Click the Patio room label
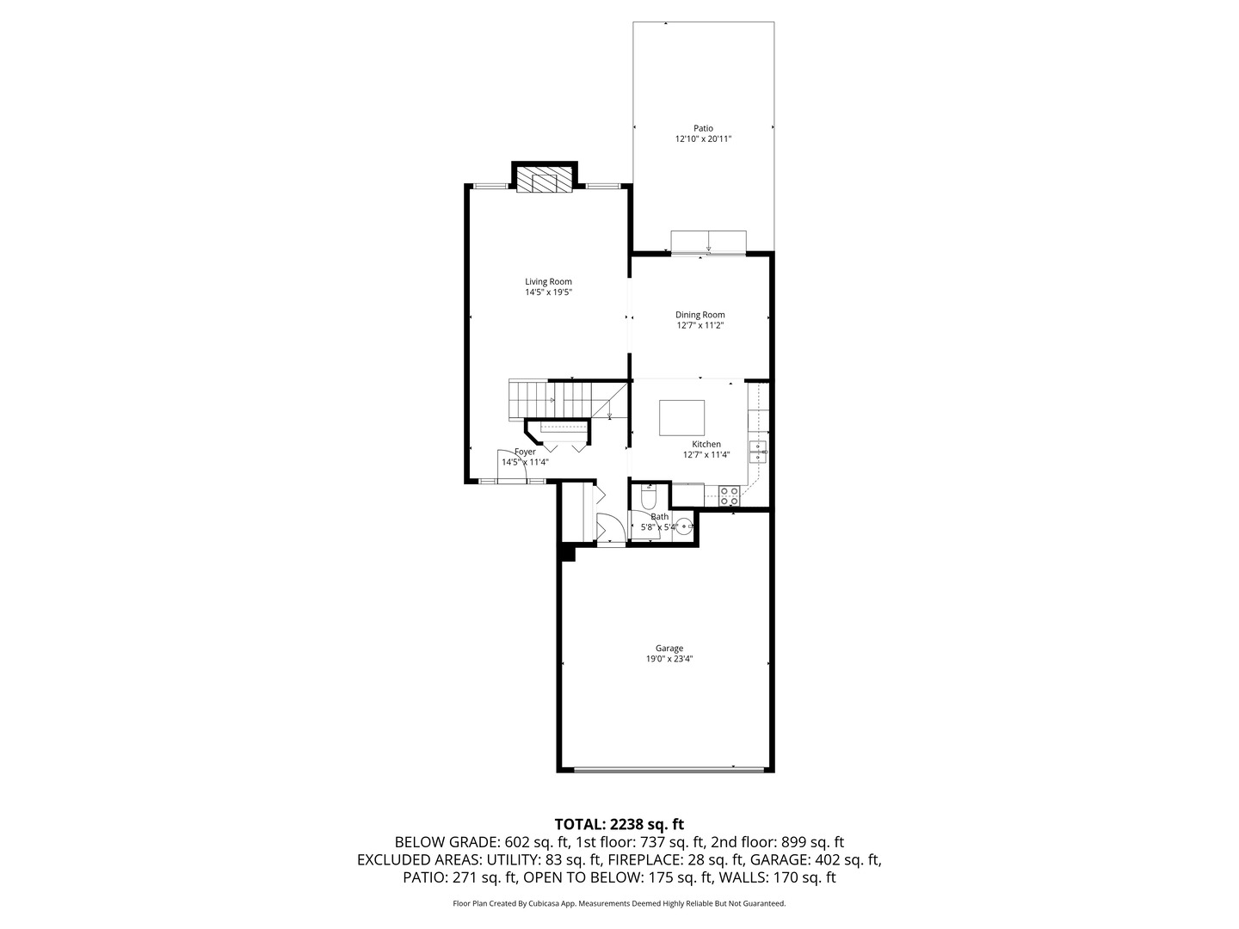(703, 128)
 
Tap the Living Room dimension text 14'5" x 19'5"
(548, 292)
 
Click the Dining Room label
(700, 315)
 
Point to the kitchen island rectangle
(681, 418)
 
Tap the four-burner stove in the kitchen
(729, 495)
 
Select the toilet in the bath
(649, 496)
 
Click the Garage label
(669, 649)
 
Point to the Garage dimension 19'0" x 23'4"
(669, 660)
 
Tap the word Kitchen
(706, 444)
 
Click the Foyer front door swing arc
(507, 461)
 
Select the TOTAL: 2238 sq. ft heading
(619, 824)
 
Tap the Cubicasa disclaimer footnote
(619, 903)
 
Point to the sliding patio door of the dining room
(708, 243)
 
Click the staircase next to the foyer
(551, 399)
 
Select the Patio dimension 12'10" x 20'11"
(703, 139)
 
